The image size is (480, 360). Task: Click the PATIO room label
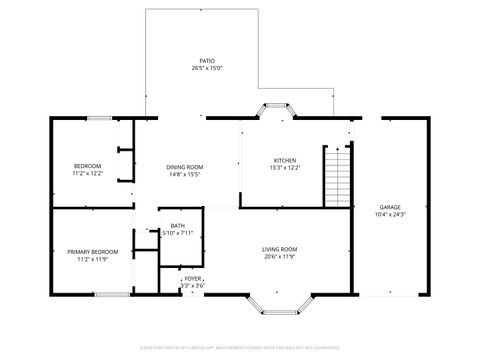pyautogui.click(x=207, y=60)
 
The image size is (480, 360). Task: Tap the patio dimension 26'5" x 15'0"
pyautogui.click(x=207, y=68)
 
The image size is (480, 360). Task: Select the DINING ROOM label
pyautogui.click(x=184, y=166)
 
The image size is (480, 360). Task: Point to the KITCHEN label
pyautogui.click(x=286, y=160)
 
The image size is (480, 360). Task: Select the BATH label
pyautogui.click(x=177, y=225)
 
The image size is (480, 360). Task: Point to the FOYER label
pyautogui.click(x=192, y=278)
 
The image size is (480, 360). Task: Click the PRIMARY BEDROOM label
pyautogui.click(x=92, y=251)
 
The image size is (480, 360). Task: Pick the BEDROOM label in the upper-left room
pyautogui.click(x=88, y=165)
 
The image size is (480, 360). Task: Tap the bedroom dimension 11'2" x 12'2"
pyautogui.click(x=88, y=173)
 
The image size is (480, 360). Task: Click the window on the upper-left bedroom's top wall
pyautogui.click(x=98, y=118)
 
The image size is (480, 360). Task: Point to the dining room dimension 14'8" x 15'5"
pyautogui.click(x=184, y=174)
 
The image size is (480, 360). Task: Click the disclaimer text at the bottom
pyautogui.click(x=240, y=349)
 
